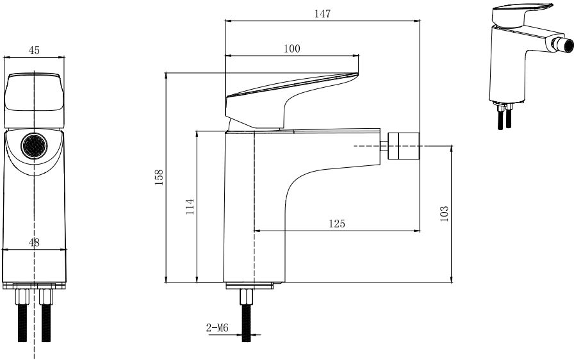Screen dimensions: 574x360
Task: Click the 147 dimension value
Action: point(322,14)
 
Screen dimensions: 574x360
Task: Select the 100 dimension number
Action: point(291,49)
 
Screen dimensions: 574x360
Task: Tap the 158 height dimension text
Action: point(159,177)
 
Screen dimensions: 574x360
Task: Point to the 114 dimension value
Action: point(190,207)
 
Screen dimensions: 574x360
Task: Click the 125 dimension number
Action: point(336,224)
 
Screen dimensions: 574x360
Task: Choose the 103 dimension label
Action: point(444,214)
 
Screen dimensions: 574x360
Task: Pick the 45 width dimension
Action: point(34,50)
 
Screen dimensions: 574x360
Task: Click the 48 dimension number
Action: point(34,243)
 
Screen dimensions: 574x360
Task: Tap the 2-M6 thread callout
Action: point(217,328)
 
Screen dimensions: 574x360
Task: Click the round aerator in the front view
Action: point(35,145)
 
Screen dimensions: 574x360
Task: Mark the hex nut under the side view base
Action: point(247,297)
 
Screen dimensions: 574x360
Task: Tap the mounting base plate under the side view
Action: point(250,286)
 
